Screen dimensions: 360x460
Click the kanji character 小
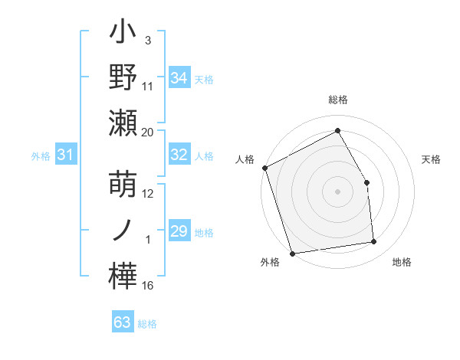123,36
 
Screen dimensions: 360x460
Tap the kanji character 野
123,78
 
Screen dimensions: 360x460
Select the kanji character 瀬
123,123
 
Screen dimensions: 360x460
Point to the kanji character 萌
123,187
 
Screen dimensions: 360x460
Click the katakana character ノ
123,231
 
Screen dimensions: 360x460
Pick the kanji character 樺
123,275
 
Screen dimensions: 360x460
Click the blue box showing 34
179,77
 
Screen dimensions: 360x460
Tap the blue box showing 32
179,155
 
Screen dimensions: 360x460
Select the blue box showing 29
179,231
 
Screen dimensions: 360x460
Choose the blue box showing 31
66,155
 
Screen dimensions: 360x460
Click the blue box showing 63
123,322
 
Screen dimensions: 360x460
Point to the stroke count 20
148,132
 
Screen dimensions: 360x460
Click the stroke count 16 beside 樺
148,286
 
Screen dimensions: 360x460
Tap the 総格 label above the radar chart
338,100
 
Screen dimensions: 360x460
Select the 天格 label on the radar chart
432,159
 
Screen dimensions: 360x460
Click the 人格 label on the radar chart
245,159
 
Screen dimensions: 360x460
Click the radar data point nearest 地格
374,242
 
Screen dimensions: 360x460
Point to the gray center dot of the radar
338,191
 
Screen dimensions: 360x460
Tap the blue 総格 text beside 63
147,324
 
